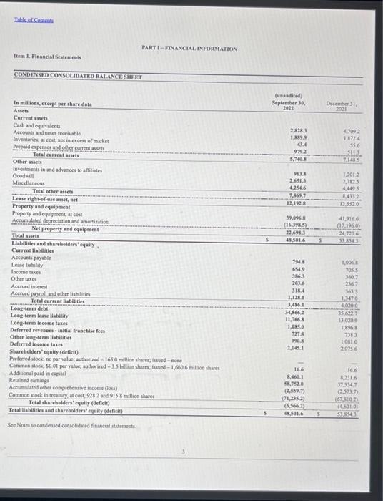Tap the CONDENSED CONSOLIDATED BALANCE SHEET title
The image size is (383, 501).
(x=79, y=77)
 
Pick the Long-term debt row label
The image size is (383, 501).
(x=29, y=308)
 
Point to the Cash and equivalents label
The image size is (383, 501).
(x=35, y=125)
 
